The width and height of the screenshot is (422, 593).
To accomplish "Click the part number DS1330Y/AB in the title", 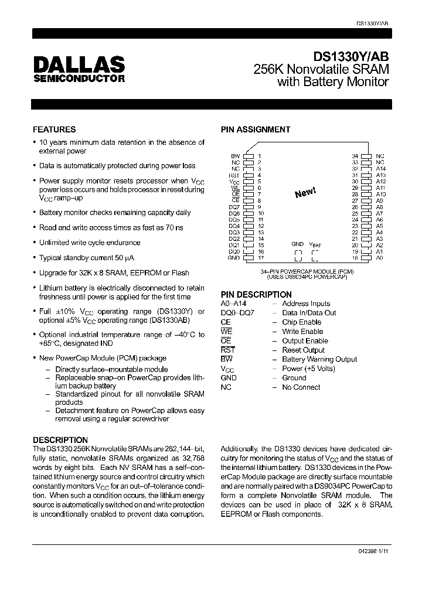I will tap(350, 57).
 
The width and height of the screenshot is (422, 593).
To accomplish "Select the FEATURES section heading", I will tap(54, 129).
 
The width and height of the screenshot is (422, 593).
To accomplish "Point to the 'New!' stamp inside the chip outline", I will tap(305, 193).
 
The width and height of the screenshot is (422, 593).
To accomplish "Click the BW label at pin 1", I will tap(236, 156).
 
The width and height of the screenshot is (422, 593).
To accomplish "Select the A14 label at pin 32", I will tap(380, 168).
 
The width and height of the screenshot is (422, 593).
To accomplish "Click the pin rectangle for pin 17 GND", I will tap(247, 258).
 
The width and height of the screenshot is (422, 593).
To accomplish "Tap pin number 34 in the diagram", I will tap(355, 156).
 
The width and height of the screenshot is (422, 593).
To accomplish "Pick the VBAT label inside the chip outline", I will tap(315, 244).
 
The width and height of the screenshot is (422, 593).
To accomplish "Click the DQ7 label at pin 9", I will tap(234, 207).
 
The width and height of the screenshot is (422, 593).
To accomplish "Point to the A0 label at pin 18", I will tap(380, 258).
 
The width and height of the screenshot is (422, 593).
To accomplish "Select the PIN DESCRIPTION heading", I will tap(256, 294).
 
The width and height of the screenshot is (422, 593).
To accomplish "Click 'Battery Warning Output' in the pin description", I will tap(319, 359).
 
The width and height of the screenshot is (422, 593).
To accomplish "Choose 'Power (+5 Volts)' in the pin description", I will tap(308, 369).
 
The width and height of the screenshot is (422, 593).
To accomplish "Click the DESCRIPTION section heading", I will tap(60, 439).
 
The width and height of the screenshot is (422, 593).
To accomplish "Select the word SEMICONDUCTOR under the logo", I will tap(79, 79).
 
